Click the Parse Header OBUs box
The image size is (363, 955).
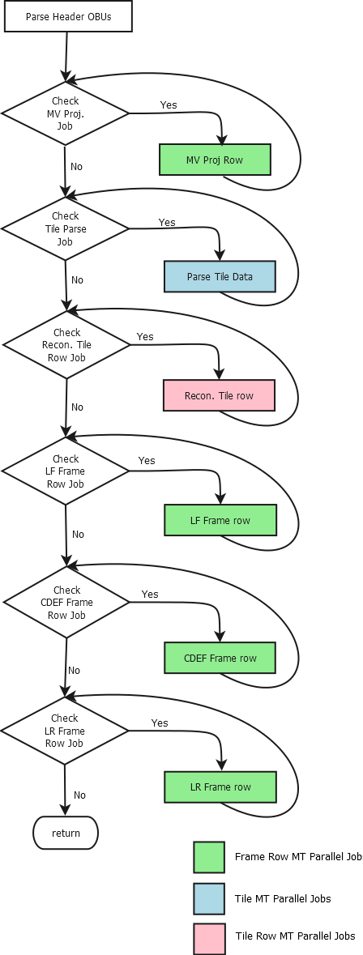[x=67, y=16]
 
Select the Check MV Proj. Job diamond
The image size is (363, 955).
[x=65, y=113]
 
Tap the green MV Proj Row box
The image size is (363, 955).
[x=215, y=160]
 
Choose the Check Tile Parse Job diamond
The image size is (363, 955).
[x=65, y=228]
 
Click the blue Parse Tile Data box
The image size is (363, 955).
[x=220, y=277]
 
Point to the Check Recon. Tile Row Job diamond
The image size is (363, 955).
[x=66, y=345]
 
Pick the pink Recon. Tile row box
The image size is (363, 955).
[x=220, y=396]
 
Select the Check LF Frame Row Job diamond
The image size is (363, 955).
[x=65, y=471]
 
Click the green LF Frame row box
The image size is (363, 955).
[x=220, y=521]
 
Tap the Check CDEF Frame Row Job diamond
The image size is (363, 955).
[x=66, y=603]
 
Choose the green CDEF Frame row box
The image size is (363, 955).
[x=220, y=659]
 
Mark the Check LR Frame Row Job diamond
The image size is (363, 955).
[x=65, y=731]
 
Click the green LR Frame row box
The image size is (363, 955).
[x=220, y=787]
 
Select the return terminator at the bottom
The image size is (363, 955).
[x=65, y=833]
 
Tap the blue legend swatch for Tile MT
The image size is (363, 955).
[x=209, y=899]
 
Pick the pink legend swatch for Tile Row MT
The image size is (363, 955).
[x=209, y=939]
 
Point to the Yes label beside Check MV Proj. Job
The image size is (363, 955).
[x=169, y=104]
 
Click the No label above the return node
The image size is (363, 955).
[x=79, y=795]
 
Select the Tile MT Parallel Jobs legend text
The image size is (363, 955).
[x=283, y=898]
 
